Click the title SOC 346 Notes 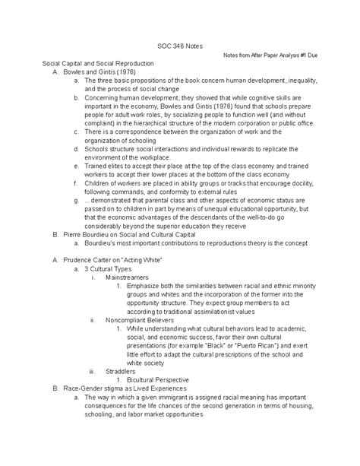pos(179,46)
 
